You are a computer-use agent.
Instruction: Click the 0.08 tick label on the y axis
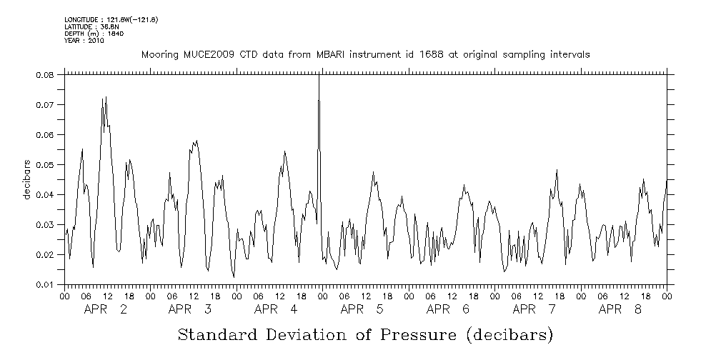[46, 74]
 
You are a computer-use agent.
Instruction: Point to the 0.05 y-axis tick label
[46, 164]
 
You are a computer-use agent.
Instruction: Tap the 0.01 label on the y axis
[46, 284]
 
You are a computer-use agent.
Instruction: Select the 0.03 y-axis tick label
[46, 224]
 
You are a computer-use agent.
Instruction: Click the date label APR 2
[106, 309]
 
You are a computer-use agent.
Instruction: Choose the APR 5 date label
[362, 309]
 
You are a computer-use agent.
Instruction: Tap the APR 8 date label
[620, 309]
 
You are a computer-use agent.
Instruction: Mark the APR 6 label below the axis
[448, 309]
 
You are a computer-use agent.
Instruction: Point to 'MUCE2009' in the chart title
[204, 55]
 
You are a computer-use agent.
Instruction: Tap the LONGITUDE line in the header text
[111, 19]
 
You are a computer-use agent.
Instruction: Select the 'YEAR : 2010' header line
[84, 41]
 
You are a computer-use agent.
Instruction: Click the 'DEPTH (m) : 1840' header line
[95, 34]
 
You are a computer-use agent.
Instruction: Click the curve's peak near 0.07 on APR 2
[106, 98]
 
